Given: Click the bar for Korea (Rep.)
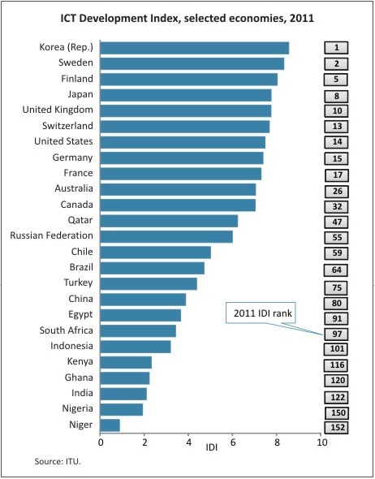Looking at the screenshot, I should tap(195, 48).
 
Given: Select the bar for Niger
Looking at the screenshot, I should tap(110, 425).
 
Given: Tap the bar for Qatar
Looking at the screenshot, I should tap(169, 221).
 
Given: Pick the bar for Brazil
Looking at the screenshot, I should tap(153, 268).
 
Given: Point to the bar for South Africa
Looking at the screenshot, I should tap(138, 330).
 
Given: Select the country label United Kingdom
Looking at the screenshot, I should tap(57, 110).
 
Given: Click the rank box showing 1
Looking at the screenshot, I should tap(335, 48).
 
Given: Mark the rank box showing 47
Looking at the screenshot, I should tap(335, 221).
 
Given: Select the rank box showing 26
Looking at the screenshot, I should tap(335, 191).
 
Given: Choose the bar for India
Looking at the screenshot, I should tap(124, 393).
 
